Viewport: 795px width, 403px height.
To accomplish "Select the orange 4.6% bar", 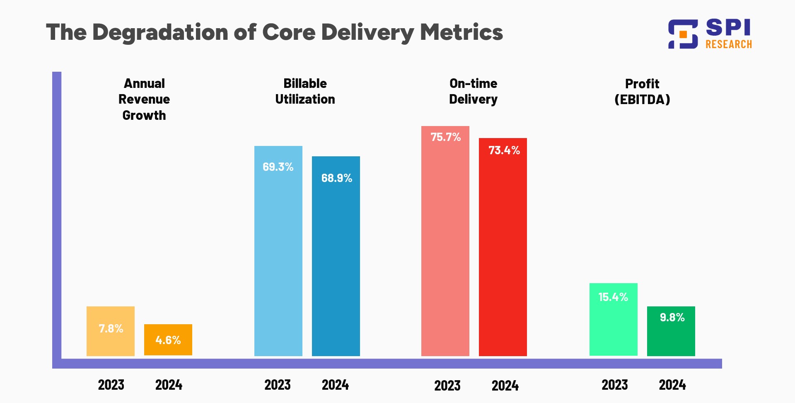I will tap(168, 340).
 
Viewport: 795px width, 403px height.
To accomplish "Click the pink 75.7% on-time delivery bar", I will tap(445, 241).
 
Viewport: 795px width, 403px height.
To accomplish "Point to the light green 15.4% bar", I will tap(613, 319).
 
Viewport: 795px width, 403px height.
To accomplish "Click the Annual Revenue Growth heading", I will tap(144, 99).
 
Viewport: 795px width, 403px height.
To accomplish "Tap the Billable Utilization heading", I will tap(305, 91).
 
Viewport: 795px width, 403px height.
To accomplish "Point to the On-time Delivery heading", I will tap(473, 91).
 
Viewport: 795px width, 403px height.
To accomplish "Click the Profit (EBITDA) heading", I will tap(642, 91).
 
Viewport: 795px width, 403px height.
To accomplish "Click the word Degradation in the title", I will tap(160, 32).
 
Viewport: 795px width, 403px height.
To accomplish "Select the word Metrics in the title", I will tap(461, 32).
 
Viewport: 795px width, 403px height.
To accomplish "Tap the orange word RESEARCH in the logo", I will tap(728, 44).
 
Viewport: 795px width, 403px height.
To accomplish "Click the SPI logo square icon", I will tap(683, 34).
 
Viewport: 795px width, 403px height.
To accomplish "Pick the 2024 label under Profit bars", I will tap(672, 385).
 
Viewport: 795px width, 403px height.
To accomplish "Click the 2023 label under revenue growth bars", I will tap(111, 385).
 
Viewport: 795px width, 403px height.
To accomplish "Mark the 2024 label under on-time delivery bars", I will tap(505, 386).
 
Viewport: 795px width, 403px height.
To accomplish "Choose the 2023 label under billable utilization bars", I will tap(278, 385).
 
